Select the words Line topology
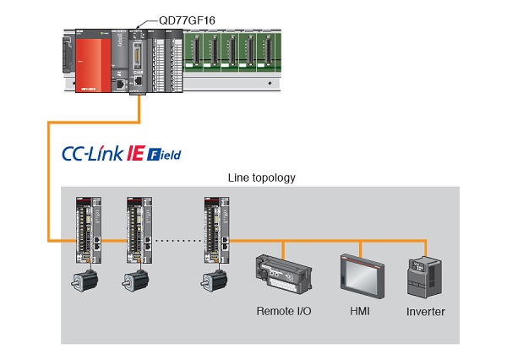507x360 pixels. click(x=262, y=178)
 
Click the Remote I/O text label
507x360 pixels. click(x=284, y=311)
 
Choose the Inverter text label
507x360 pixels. click(x=425, y=312)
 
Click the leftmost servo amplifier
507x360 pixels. click(x=89, y=229)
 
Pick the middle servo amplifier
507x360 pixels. click(x=142, y=229)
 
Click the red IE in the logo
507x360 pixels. click(x=135, y=154)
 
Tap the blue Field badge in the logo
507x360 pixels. click(x=164, y=155)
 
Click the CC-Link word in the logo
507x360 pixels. click(x=92, y=154)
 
